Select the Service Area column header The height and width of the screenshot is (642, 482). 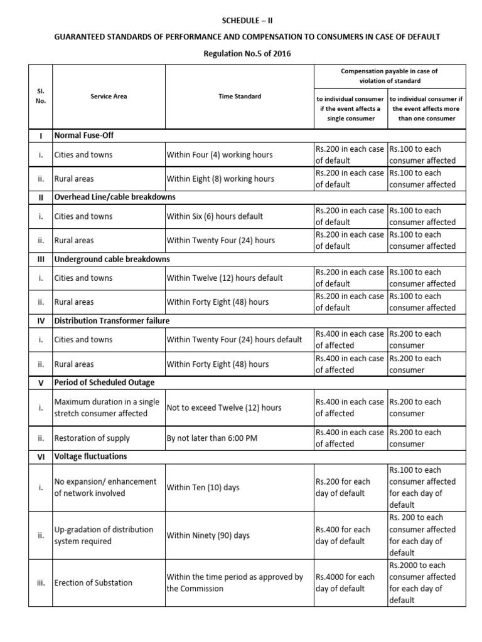pyautogui.click(x=97, y=97)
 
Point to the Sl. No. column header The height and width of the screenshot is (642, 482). pyautogui.click(x=41, y=96)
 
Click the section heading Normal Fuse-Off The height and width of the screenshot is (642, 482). pyautogui.click(x=84, y=135)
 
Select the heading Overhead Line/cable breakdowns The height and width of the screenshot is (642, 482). pyautogui.click(x=115, y=197)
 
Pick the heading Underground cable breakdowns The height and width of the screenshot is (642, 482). pyautogui.click(x=112, y=258)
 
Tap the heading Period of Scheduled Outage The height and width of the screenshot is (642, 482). pyautogui.click(x=104, y=382)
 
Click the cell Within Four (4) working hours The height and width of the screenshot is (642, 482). pyautogui.click(x=220, y=154)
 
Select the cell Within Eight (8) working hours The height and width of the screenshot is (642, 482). pyautogui.click(x=220, y=179)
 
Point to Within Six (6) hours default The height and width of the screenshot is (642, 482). pyautogui.click(x=215, y=216)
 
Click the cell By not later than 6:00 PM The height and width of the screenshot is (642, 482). pyautogui.click(x=212, y=438)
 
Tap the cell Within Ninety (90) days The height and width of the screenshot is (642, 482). pyautogui.click(x=208, y=535)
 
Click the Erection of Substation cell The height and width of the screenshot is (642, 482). pyautogui.click(x=94, y=582)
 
